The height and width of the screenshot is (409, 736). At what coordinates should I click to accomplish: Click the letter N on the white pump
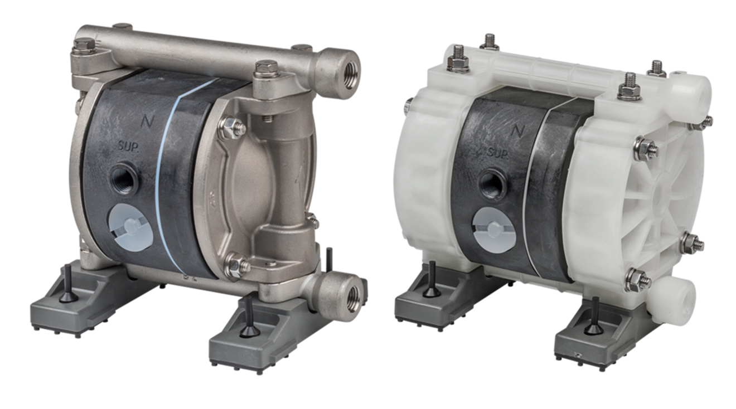click(518, 130)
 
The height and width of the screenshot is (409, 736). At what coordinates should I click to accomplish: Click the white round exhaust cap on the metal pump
click(130, 226)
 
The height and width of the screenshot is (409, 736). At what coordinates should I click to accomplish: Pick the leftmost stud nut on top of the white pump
click(458, 60)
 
